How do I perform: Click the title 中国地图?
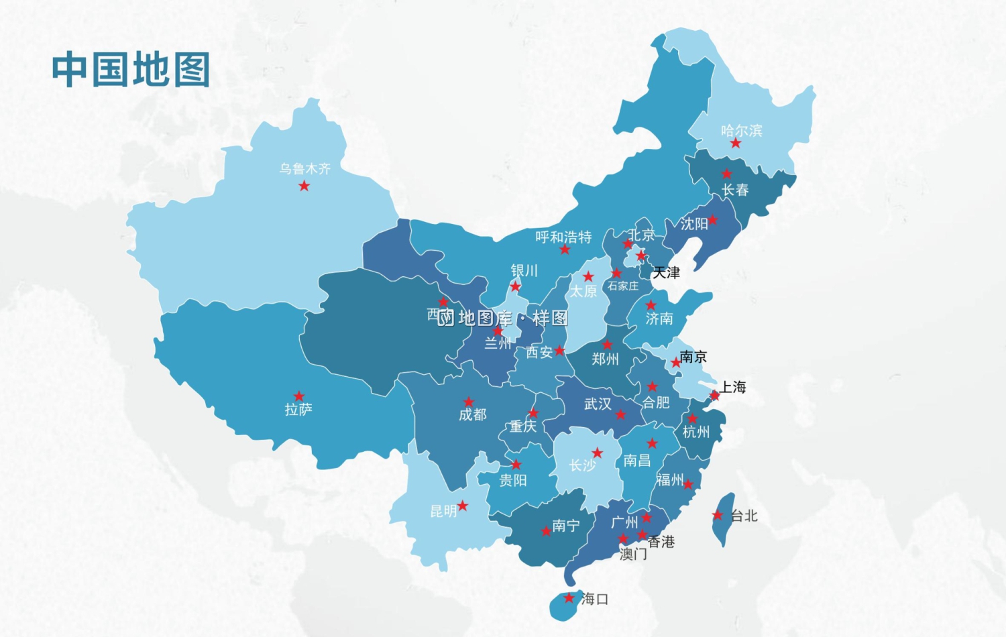pyautogui.click(x=131, y=70)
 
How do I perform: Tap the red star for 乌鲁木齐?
pyautogui.click(x=304, y=186)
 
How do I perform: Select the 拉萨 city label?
pyautogui.click(x=298, y=409)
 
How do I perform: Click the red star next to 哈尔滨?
pyautogui.click(x=736, y=143)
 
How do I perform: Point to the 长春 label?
pyautogui.click(x=735, y=190)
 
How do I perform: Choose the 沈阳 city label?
pyautogui.click(x=694, y=223)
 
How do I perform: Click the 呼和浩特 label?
pyautogui.click(x=563, y=237)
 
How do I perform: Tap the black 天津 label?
pyautogui.click(x=667, y=272)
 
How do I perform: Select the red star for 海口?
pyautogui.click(x=569, y=597)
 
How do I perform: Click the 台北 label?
pyautogui.click(x=744, y=516)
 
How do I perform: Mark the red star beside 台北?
pyautogui.click(x=718, y=515)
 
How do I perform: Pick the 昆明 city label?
pyautogui.click(x=443, y=512)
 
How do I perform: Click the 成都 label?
pyautogui.click(x=473, y=414)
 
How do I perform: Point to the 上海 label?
pyautogui.click(x=733, y=387)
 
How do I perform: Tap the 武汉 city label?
pyautogui.click(x=598, y=404)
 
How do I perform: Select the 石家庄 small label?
pyautogui.click(x=623, y=286)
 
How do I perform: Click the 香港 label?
pyautogui.click(x=661, y=542)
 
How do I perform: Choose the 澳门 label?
pyautogui.click(x=633, y=554)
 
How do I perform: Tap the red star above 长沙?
pyautogui.click(x=597, y=453)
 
